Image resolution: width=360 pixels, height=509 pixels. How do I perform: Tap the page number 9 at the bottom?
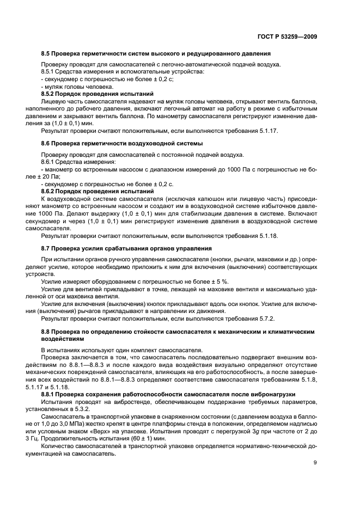tap(315, 463)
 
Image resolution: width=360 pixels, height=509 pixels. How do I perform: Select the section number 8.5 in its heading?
tap(46, 53)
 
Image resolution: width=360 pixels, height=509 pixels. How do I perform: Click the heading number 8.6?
tap(46, 143)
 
